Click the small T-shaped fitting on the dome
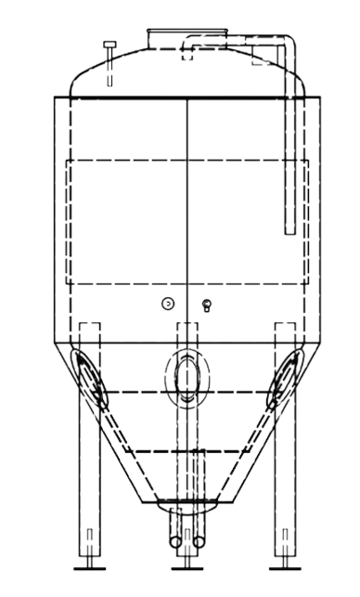(x=109, y=46)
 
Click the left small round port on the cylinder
(x=168, y=304)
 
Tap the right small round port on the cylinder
(x=206, y=304)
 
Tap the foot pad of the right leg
(x=286, y=564)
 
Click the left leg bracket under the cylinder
(x=89, y=331)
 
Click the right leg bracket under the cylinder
(x=286, y=331)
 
